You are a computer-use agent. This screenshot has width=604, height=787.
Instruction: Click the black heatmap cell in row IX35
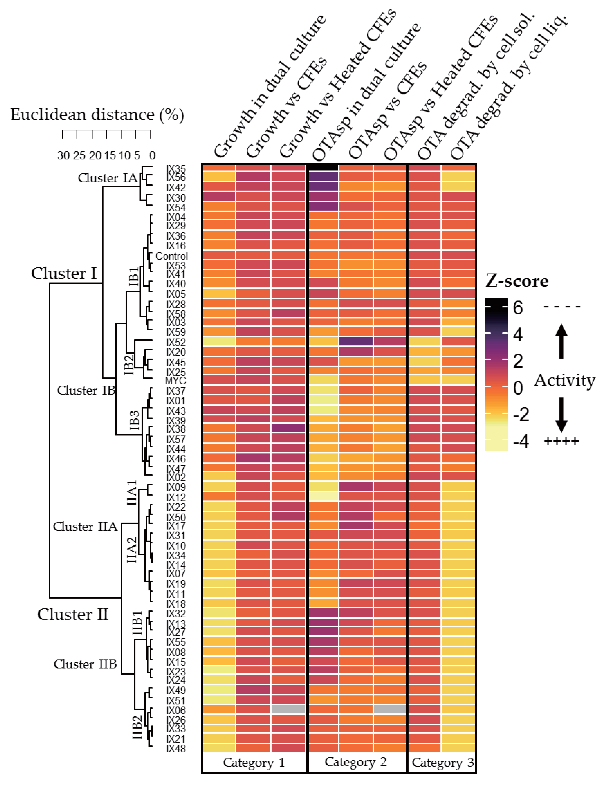(x=323, y=167)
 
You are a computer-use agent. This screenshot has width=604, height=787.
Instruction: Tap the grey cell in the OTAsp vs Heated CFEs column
(x=390, y=709)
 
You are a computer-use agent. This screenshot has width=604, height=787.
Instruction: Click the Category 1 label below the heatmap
(x=254, y=762)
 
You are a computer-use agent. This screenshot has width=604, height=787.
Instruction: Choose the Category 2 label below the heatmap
(x=356, y=761)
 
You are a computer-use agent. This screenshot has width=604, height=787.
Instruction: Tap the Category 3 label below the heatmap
(x=443, y=762)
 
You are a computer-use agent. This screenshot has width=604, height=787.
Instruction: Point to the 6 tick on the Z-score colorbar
(x=518, y=308)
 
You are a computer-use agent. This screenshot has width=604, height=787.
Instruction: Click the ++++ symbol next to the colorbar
(x=561, y=441)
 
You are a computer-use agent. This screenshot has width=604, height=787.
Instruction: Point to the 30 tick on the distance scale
(x=63, y=155)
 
